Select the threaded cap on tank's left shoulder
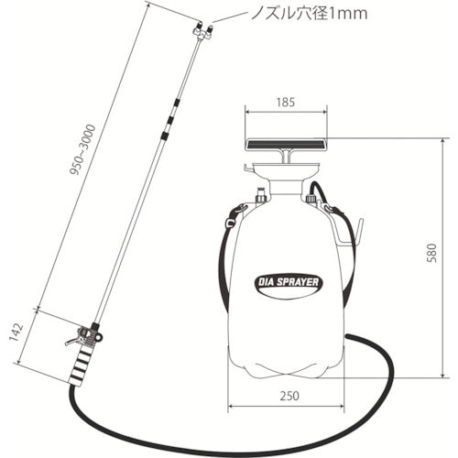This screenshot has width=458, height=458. click(x=260, y=194)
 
